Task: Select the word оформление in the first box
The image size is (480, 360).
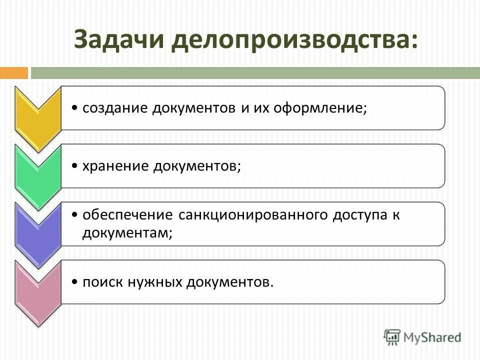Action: point(320,108)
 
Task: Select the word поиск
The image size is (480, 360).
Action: point(101,282)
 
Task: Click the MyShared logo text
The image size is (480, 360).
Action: point(432,337)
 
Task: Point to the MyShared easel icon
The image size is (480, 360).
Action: point(392,336)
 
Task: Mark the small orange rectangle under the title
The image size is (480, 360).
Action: point(13,73)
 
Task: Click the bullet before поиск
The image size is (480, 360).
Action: point(74,282)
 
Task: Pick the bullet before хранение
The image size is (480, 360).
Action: point(74,166)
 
